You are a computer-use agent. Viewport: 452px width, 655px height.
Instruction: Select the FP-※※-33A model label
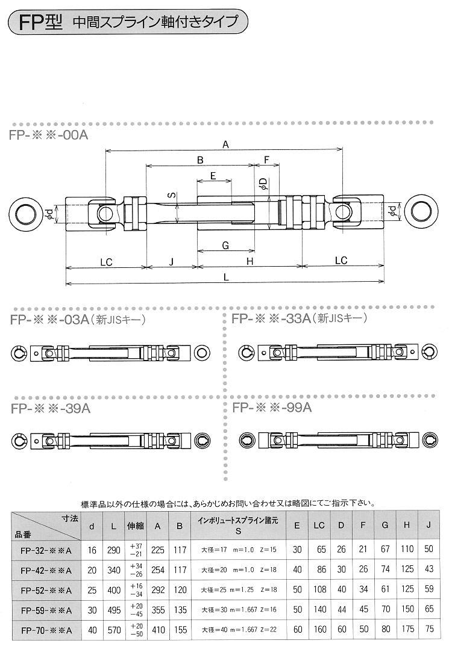click(271, 318)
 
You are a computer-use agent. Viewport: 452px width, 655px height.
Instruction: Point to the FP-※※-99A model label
click(271, 408)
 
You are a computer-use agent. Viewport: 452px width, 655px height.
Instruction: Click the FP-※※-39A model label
click(50, 408)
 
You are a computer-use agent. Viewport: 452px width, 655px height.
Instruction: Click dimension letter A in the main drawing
click(225, 144)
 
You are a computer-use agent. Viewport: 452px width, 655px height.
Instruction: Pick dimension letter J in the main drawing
click(172, 261)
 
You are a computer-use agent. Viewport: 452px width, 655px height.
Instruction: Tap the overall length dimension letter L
click(225, 277)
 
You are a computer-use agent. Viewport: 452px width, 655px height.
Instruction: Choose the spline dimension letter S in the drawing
click(171, 196)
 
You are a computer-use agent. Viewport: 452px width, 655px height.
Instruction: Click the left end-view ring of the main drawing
click(26, 213)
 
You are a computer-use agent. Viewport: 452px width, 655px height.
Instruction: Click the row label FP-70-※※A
click(46, 630)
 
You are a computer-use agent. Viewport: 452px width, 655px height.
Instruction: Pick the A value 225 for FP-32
click(159, 550)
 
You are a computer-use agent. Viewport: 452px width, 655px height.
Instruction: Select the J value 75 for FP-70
click(428, 630)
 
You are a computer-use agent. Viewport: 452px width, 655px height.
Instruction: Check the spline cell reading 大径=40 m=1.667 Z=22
click(239, 630)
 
